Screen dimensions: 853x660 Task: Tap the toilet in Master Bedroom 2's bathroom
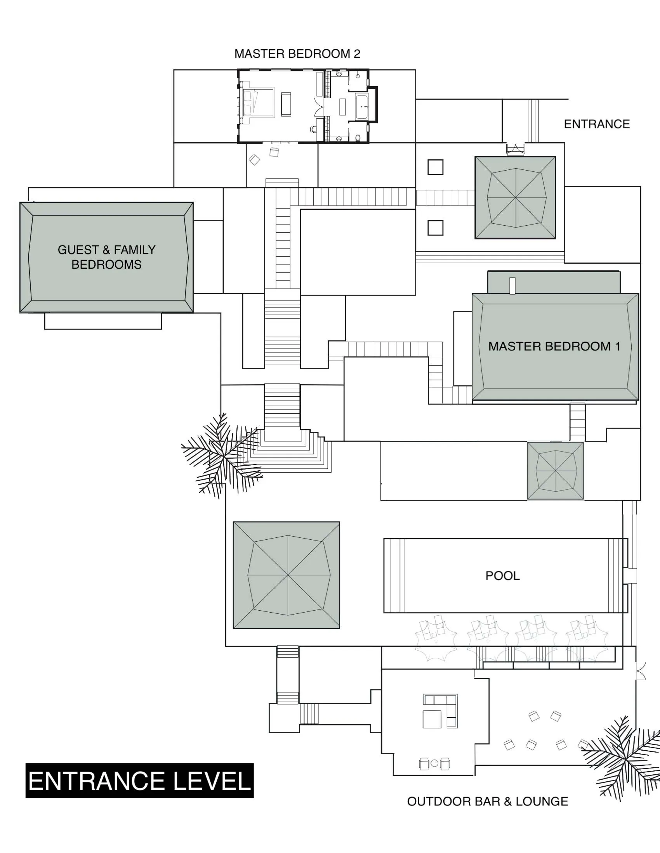click(x=359, y=138)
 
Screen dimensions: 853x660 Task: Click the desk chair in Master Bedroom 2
click(x=314, y=128)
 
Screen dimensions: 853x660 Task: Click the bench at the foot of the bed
click(x=286, y=105)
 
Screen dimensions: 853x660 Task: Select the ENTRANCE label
click(x=596, y=124)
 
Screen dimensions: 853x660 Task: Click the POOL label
click(x=502, y=576)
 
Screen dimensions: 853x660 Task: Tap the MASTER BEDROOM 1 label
click(x=554, y=346)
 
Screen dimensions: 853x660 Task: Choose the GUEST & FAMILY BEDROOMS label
click(x=106, y=257)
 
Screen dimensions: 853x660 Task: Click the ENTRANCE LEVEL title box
click(x=140, y=781)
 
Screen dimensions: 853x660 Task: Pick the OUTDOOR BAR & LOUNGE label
click(x=488, y=801)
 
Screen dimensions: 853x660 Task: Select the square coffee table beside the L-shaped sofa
click(x=432, y=719)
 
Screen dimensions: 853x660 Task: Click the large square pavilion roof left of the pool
click(x=287, y=575)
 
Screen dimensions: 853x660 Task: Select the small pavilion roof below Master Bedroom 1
click(x=555, y=471)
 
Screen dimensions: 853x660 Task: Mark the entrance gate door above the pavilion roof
click(x=515, y=149)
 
